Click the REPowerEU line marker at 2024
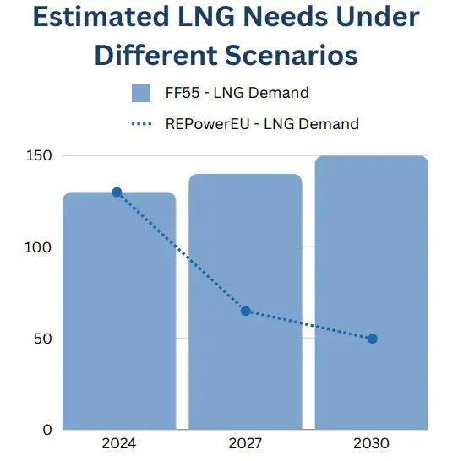[117, 193]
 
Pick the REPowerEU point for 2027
[246, 311]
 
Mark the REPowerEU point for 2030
[373, 339]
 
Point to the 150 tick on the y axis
[39, 156]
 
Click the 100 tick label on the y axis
[39, 247]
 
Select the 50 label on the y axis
[42, 339]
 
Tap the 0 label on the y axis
[46, 430]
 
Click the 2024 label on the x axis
[119, 443]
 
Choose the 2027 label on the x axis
[246, 443]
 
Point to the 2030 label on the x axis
[373, 443]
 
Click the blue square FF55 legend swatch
[141, 93]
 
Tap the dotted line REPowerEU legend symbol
[141, 124]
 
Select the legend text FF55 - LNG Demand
[237, 93]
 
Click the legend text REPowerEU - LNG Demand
[262, 124]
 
